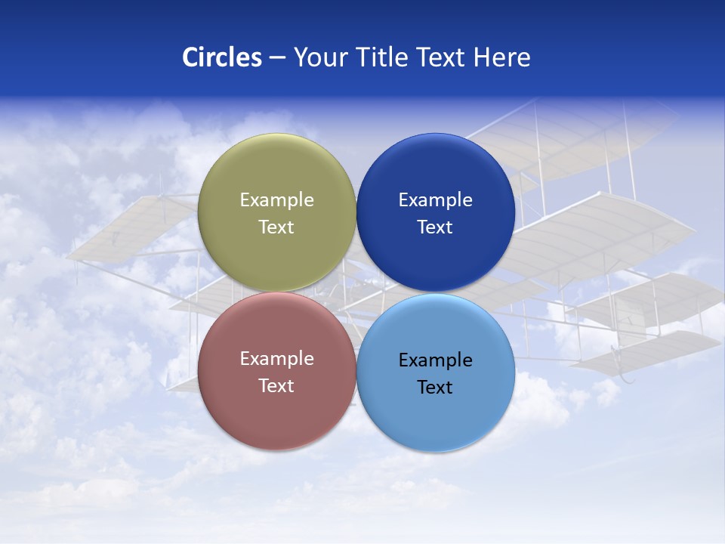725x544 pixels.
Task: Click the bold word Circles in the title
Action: click(221, 57)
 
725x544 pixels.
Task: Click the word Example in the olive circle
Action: click(276, 199)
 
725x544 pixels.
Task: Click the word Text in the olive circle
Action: click(276, 227)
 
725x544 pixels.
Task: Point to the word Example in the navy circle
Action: click(435, 199)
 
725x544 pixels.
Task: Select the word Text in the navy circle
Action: click(435, 227)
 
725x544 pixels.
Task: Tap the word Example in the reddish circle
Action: click(276, 358)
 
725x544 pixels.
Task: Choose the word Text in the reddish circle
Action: click(276, 385)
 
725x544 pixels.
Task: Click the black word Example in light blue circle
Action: click(435, 360)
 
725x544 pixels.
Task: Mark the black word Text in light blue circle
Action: click(435, 387)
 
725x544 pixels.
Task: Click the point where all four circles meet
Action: click(356, 292)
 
